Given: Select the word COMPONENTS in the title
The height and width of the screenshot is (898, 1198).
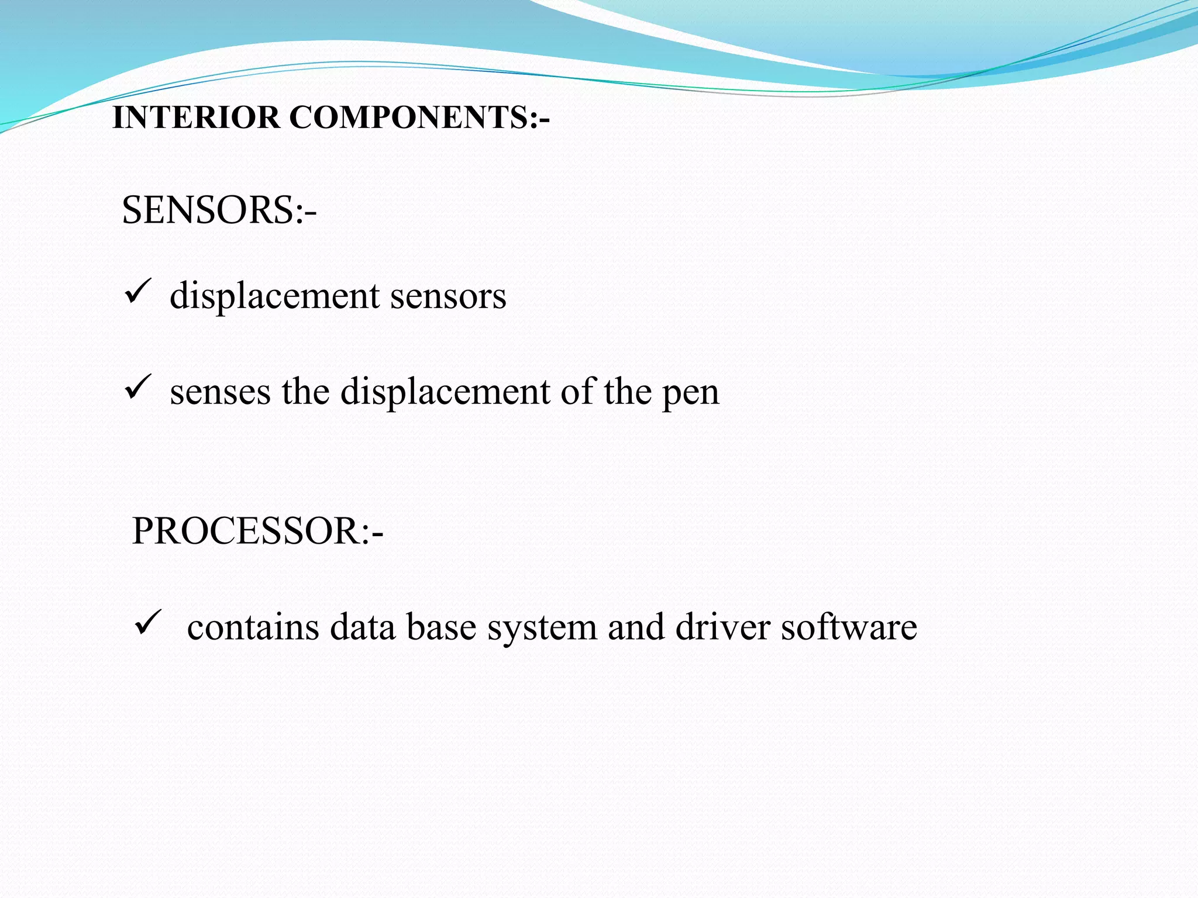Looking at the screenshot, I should [409, 118].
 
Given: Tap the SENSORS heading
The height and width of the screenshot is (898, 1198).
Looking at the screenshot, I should [218, 210].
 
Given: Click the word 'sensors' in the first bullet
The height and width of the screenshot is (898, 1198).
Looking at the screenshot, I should [448, 296].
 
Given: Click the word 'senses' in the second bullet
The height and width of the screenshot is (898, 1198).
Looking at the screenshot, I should [220, 392].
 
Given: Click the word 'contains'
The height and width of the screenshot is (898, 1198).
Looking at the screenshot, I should [253, 627].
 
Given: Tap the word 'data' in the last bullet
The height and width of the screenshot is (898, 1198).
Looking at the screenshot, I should [363, 627].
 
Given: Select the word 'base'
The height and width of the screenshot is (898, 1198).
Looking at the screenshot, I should [441, 627].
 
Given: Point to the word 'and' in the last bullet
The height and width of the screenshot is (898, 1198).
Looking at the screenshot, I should [636, 627].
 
